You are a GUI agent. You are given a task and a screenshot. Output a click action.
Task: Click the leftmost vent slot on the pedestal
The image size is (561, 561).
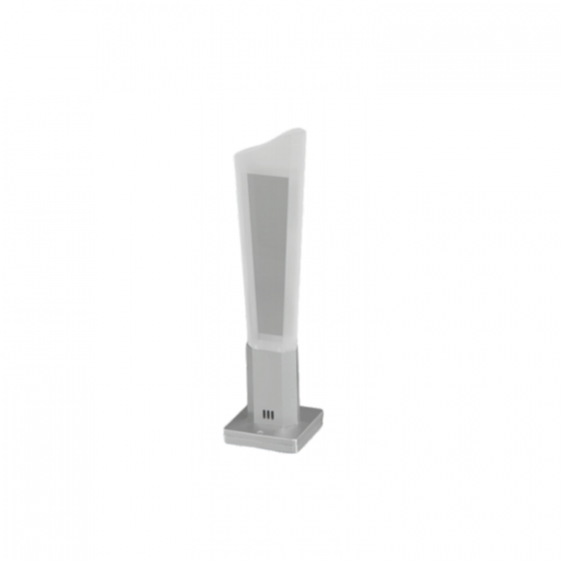[264, 414]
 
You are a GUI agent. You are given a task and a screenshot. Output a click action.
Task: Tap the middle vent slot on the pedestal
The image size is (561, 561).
[268, 414]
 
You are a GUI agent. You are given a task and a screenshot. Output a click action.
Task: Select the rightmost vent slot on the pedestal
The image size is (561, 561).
[272, 414]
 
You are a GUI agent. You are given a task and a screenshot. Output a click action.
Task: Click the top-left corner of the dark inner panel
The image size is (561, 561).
[247, 170]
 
